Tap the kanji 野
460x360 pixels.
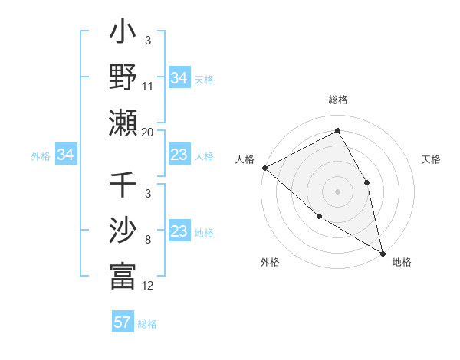point(123,77)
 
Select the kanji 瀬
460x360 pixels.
point(123,122)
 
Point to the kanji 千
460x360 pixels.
point(123,185)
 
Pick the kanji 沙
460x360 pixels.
point(123,230)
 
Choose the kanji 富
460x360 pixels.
point(123,276)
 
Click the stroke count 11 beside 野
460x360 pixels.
point(148,87)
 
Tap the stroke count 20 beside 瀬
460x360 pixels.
point(148,132)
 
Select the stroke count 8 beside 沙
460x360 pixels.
point(147,240)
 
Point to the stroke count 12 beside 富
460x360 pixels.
point(148,286)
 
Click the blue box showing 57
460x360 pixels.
point(123,322)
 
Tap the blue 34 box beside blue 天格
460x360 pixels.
point(179,77)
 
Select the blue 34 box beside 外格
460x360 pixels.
point(66,155)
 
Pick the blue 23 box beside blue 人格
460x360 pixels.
point(179,155)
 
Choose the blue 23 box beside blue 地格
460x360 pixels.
point(179,232)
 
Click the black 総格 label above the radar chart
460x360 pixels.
point(338,100)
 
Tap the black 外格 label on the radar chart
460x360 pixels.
point(270,263)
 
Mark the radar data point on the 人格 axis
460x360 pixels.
point(264,168)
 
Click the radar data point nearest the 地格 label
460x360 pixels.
point(382,252)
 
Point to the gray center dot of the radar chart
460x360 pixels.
point(338,191)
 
